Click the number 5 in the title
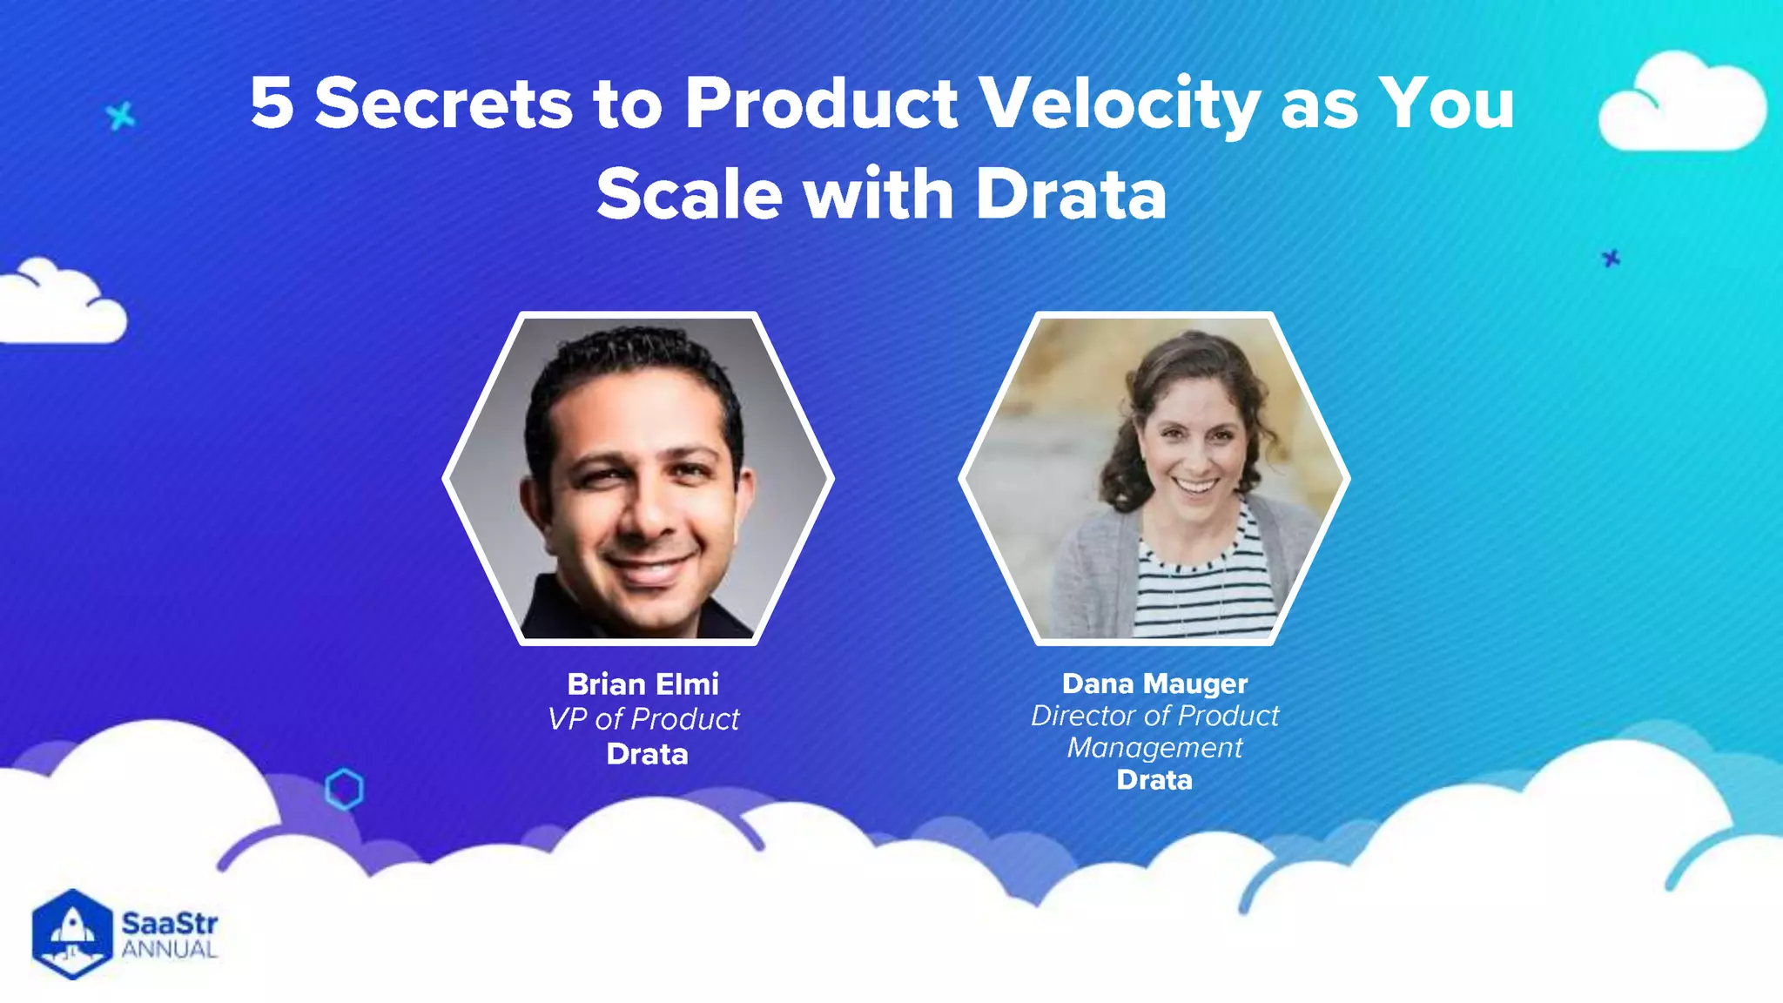[271, 103]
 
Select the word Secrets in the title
[443, 103]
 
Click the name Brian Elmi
[643, 684]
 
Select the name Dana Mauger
[1154, 683]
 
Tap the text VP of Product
[643, 719]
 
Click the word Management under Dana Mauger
[1154, 748]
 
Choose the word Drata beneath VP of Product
[647, 754]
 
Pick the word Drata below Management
[1154, 780]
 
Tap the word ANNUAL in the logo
[169, 950]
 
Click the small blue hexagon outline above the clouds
[344, 789]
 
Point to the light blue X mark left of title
[121, 116]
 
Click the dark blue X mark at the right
[1611, 258]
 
